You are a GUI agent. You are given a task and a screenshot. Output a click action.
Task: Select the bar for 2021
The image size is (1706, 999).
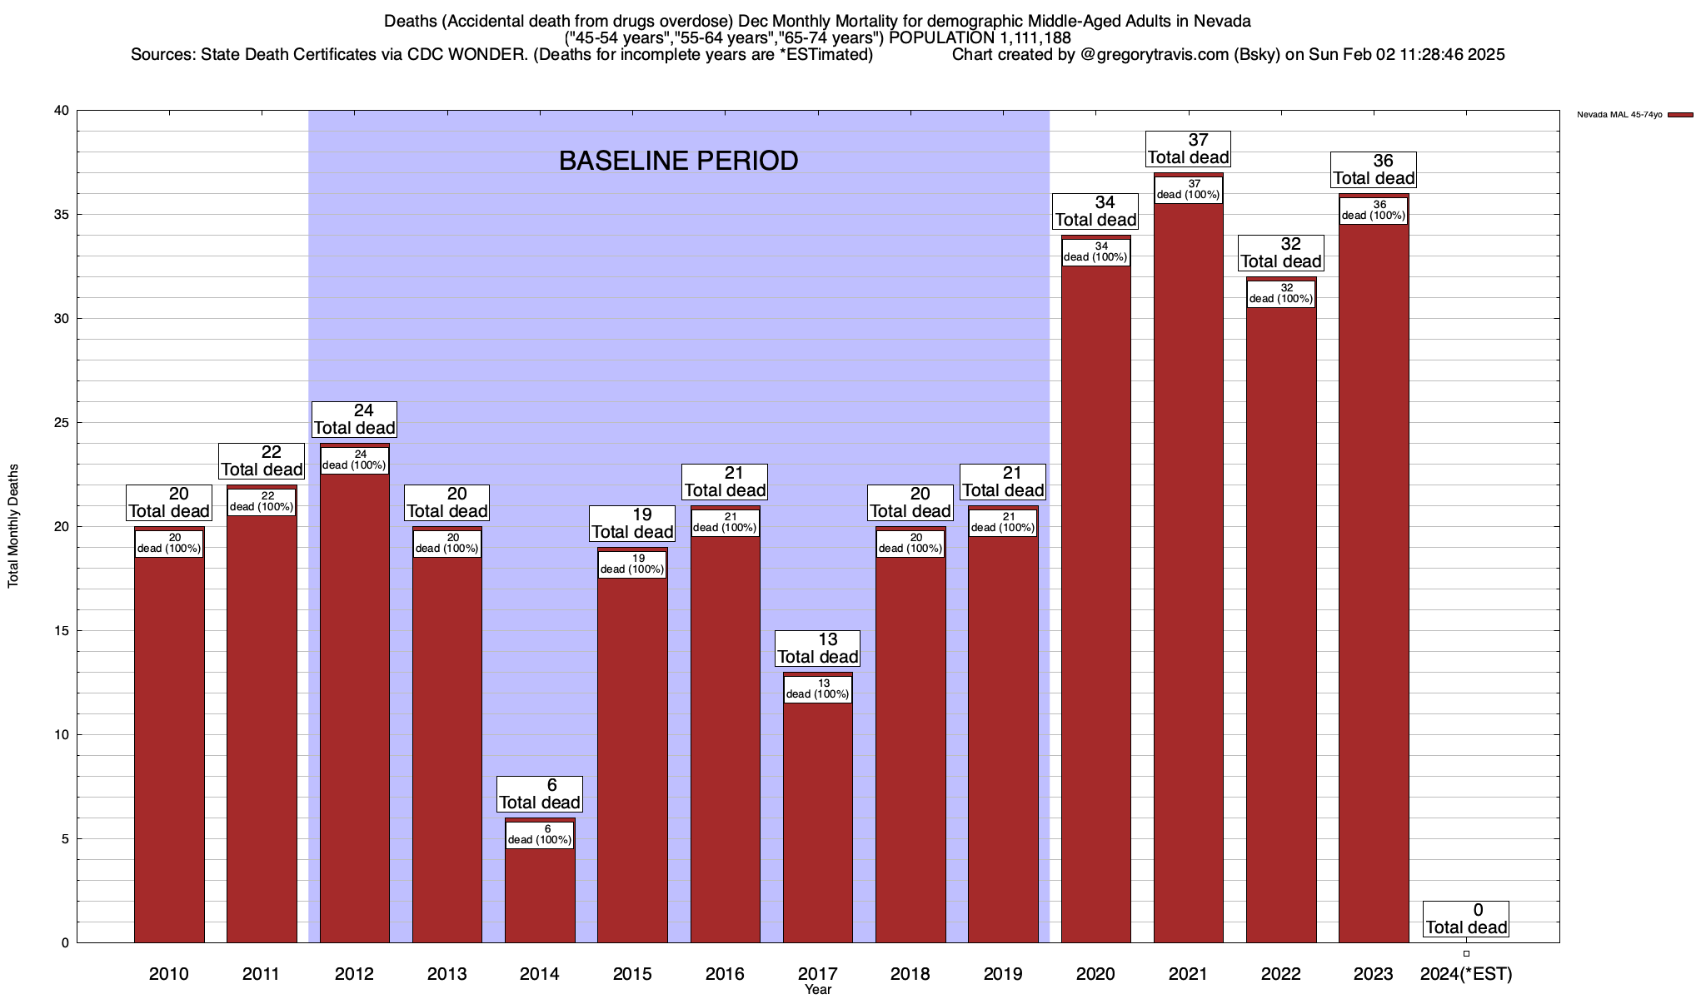click(x=1188, y=583)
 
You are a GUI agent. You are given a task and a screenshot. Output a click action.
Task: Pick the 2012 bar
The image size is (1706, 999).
click(x=354, y=708)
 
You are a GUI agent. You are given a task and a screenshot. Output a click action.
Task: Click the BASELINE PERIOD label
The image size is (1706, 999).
click(x=678, y=161)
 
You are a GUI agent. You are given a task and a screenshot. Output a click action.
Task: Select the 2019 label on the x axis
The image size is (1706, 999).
click(x=1003, y=973)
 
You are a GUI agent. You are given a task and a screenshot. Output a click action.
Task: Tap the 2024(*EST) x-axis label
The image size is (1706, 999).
click(x=1466, y=973)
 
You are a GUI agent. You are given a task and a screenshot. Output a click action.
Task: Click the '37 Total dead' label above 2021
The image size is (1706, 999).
click(x=1189, y=149)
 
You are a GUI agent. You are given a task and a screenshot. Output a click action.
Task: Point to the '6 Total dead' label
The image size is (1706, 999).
click(x=540, y=794)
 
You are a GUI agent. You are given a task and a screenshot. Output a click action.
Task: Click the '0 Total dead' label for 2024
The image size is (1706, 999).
click(x=1466, y=919)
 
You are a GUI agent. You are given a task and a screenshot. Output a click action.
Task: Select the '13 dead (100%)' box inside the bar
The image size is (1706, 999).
click(x=818, y=688)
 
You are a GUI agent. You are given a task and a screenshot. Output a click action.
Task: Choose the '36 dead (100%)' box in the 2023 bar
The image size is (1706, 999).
click(x=1374, y=210)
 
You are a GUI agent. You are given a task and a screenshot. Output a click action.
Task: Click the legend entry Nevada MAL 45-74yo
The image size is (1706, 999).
click(x=1619, y=115)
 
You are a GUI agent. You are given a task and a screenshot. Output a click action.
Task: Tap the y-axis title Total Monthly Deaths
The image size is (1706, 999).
click(x=13, y=526)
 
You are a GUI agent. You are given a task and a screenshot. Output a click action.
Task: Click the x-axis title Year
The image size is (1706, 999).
click(x=818, y=990)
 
